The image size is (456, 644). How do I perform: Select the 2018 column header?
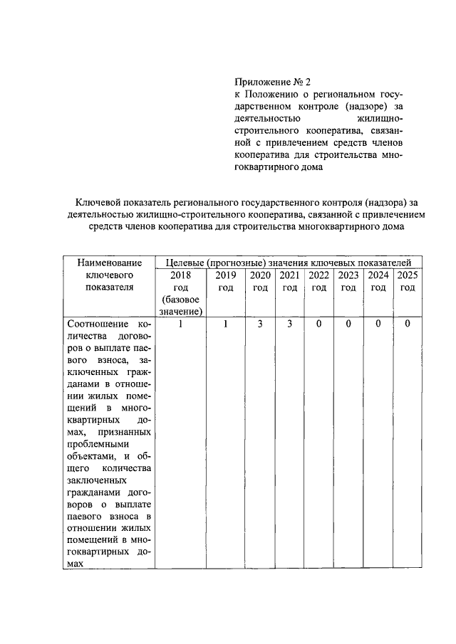181,275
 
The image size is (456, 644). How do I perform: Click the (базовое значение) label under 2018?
181,305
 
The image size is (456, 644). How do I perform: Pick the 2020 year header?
260,275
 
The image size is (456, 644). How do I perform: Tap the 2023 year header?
348,275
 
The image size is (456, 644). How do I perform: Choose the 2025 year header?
407,275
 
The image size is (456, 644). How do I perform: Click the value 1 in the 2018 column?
181,324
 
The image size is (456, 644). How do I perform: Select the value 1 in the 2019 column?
226,324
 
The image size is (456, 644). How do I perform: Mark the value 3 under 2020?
260,324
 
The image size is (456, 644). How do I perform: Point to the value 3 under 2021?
289,324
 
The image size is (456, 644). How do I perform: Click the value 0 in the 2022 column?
318,324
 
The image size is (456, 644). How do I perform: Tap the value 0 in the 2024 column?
378,324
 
